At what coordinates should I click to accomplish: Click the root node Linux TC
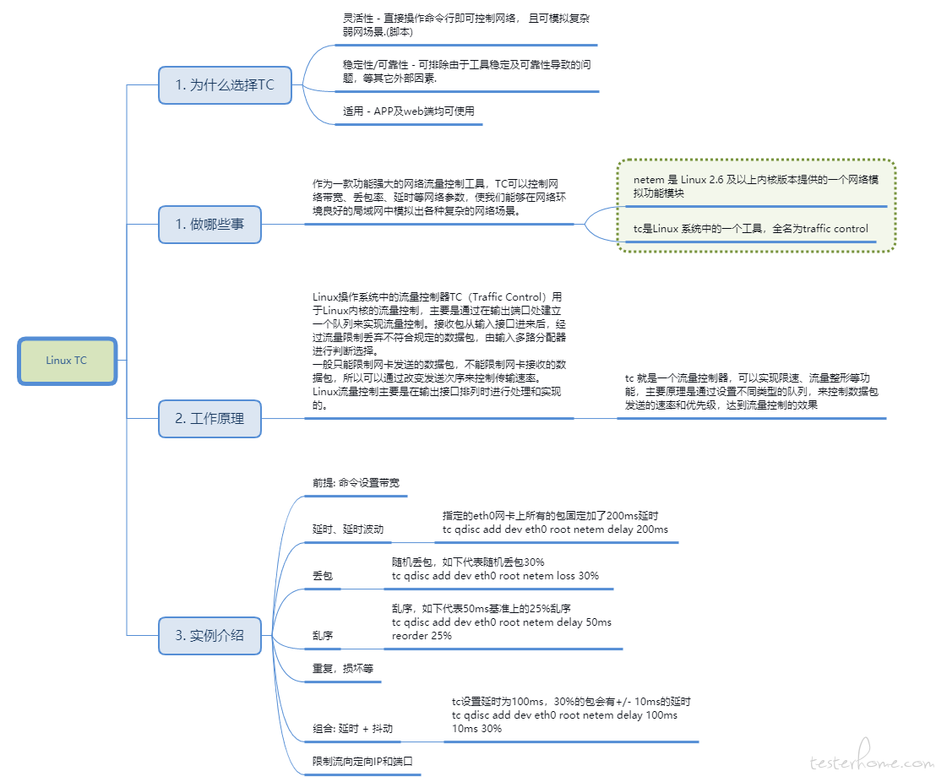pos(67,361)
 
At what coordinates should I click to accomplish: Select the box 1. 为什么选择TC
pos(225,85)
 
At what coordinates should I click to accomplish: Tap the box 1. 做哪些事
pos(210,225)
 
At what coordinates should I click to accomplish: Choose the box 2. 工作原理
pos(210,419)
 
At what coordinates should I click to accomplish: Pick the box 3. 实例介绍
pos(210,636)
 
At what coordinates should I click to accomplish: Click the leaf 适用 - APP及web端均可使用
pos(408,111)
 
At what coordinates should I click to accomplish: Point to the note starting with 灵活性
pos(465,25)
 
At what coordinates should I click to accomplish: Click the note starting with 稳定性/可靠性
pos(467,72)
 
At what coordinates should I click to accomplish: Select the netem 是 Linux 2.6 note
pos(756,187)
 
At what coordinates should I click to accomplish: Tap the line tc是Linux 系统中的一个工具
pos(750,229)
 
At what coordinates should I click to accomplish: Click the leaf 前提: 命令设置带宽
pos(356,483)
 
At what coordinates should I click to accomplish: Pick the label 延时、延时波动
pos(348,529)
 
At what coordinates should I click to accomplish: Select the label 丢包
pos(323,576)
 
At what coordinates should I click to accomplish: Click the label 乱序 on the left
pos(323,636)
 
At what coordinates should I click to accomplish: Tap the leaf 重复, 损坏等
pos(343,669)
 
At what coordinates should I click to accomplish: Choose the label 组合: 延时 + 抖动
pos(352,729)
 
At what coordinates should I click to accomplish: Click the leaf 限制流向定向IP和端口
pos(362,762)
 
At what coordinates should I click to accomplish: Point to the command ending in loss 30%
pos(495,576)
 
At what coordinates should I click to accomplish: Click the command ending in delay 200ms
pos(555,529)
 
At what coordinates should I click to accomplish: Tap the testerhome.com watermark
pos(872,757)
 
